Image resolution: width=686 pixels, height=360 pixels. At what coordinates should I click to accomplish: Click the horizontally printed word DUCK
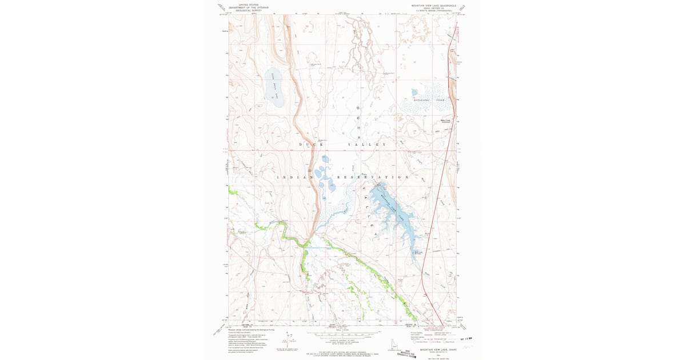(307, 145)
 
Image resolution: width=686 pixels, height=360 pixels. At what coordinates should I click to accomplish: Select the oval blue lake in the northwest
(274, 87)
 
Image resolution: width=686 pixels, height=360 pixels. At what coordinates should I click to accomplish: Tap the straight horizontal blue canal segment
(318, 247)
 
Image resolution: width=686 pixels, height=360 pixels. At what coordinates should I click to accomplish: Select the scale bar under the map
(343, 332)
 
